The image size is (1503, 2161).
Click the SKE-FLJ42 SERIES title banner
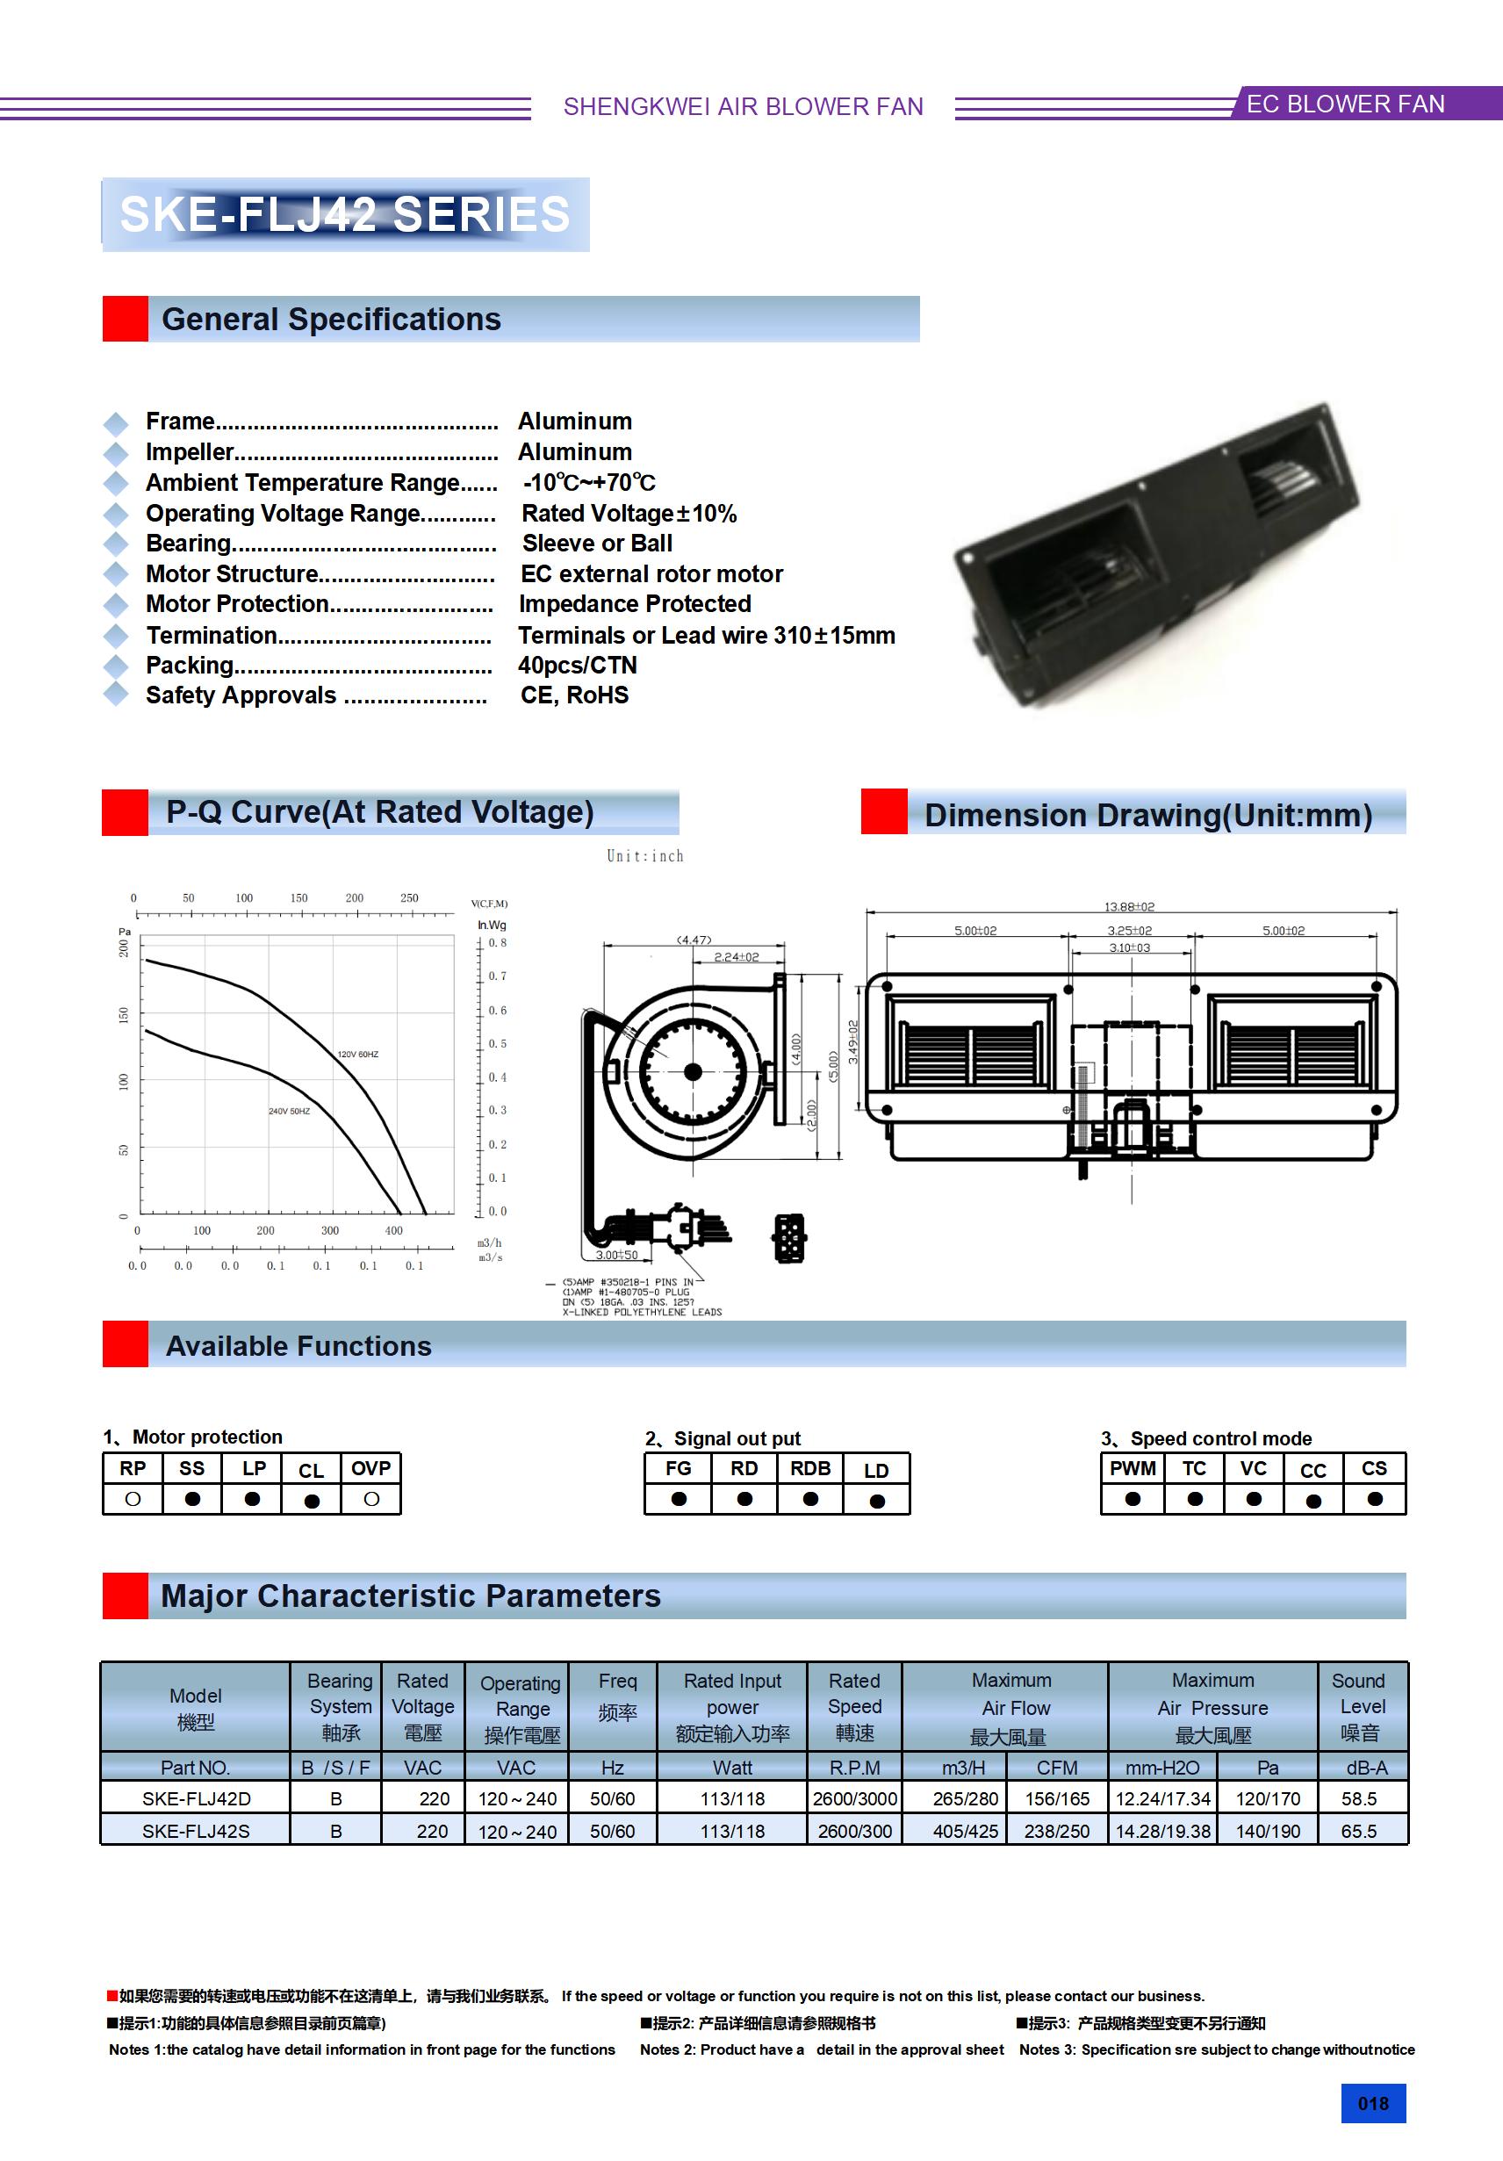pyautogui.click(x=345, y=214)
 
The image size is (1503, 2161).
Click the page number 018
pyautogui.click(x=1372, y=2104)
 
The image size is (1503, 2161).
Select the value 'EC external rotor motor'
pyautogui.click(x=651, y=574)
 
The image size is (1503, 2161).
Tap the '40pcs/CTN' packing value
pyautogui.click(x=577, y=666)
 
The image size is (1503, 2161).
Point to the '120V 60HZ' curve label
pyautogui.click(x=357, y=1054)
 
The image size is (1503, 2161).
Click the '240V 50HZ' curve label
pyautogui.click(x=289, y=1112)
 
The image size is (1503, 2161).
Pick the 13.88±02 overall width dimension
pyautogui.click(x=1129, y=906)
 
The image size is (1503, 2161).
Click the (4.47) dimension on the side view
pyautogui.click(x=694, y=940)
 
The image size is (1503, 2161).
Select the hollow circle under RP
pyautogui.click(x=133, y=1499)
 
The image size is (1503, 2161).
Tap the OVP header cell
pyautogui.click(x=370, y=1469)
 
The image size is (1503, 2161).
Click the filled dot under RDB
pyautogui.click(x=810, y=1499)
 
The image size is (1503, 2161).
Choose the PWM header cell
pyautogui.click(x=1133, y=1469)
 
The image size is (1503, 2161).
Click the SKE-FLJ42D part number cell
pyautogui.click(x=196, y=1798)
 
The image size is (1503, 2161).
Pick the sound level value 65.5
pyautogui.click(x=1358, y=1832)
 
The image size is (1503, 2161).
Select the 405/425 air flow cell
pyautogui.click(x=965, y=1832)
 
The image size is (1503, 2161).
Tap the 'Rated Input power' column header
pyautogui.click(x=732, y=1706)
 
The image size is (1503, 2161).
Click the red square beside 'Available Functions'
pyautogui.click(x=126, y=1344)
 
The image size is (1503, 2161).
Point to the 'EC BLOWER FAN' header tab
pyautogui.click(x=1345, y=104)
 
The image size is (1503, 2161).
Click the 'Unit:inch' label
pyautogui.click(x=644, y=855)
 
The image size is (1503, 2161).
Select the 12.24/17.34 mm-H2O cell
pyautogui.click(x=1162, y=1798)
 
